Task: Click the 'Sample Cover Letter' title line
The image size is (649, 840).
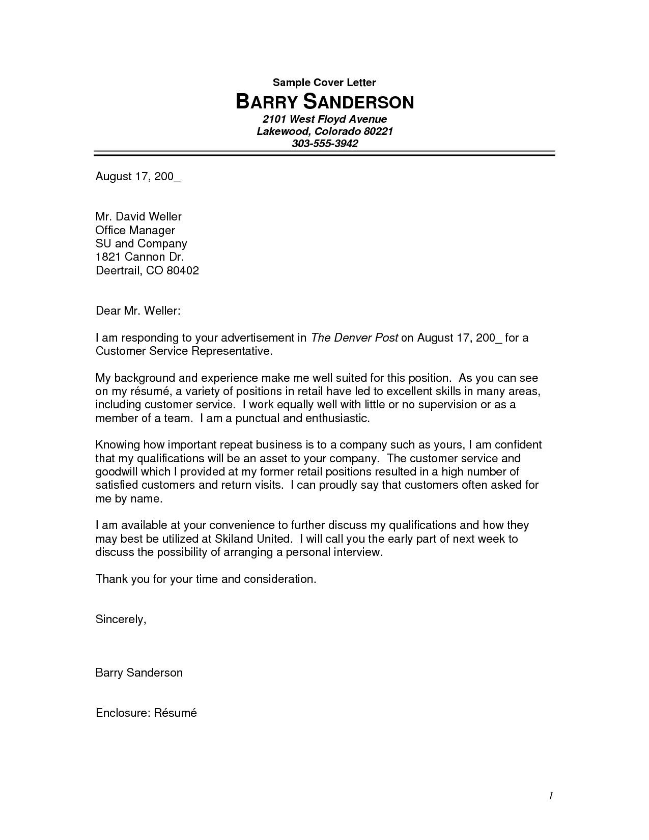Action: point(324,82)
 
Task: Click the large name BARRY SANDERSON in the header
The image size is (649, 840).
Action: point(324,102)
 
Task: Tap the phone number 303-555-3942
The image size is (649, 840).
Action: point(325,144)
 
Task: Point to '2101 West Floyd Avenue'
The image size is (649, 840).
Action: point(325,119)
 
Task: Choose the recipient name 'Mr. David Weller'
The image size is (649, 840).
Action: point(138,216)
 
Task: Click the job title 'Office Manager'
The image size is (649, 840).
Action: point(135,230)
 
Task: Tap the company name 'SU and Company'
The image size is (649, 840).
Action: point(141,243)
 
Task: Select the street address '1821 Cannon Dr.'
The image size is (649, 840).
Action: point(139,257)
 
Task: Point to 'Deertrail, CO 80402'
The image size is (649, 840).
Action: point(147,270)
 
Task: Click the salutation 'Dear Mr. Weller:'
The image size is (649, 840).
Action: point(138,311)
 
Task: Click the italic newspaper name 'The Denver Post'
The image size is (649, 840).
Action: point(354,338)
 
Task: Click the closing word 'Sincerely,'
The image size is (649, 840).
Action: point(121,619)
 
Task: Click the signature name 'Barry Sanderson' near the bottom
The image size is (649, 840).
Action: point(139,673)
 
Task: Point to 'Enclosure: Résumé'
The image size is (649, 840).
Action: point(146,713)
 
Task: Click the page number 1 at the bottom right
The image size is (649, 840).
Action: point(551,796)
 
